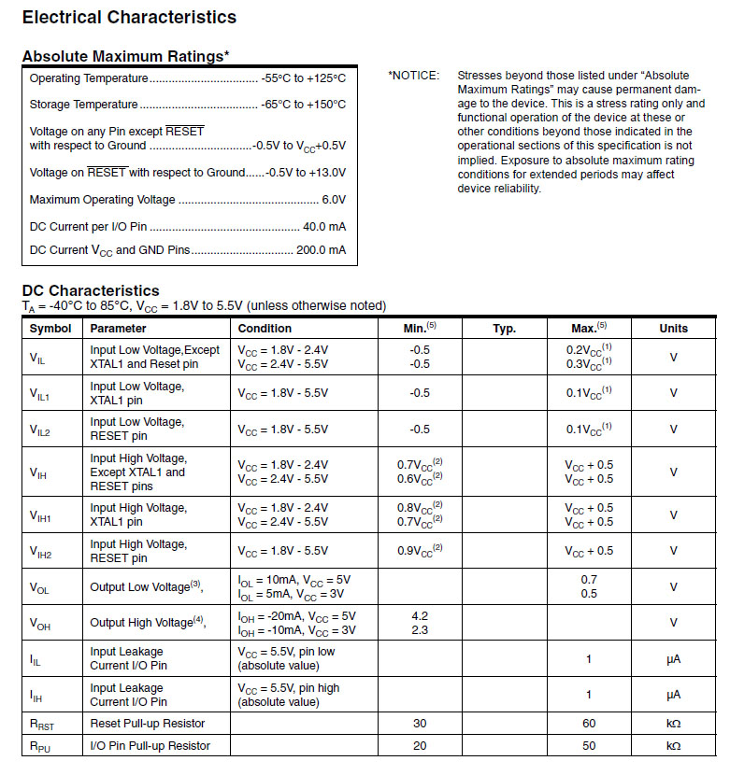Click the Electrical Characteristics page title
tap(129, 17)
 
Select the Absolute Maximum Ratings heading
tap(125, 57)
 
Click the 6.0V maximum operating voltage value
tap(334, 200)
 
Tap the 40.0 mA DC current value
tap(324, 226)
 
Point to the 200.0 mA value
tap(321, 250)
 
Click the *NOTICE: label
tap(413, 76)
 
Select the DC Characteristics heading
tap(91, 290)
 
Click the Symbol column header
tap(50, 329)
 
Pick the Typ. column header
tap(505, 329)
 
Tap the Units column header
tap(673, 329)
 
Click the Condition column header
tap(265, 329)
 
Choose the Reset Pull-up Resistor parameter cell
tap(148, 724)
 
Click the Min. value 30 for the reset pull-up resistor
tap(420, 724)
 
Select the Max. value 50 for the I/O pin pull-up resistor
tap(589, 746)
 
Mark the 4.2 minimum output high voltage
tap(420, 616)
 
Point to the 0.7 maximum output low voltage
tap(589, 580)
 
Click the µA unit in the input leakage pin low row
tap(673, 659)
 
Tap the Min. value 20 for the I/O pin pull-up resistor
tap(420, 746)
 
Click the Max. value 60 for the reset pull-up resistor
tap(589, 724)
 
